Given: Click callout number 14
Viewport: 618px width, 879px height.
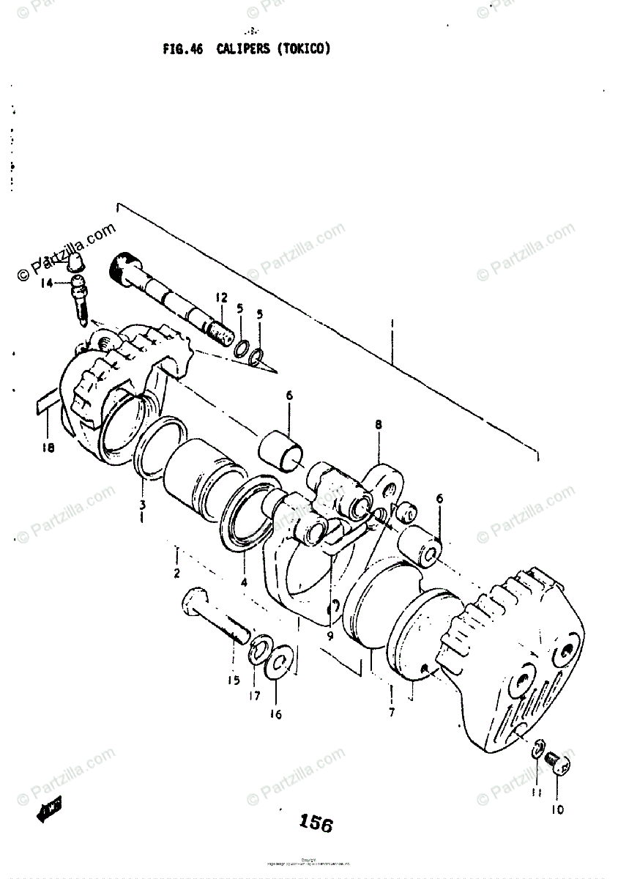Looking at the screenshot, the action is (47, 283).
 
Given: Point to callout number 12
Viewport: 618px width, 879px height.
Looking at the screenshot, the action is (221, 297).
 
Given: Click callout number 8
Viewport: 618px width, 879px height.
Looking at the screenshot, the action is (379, 424).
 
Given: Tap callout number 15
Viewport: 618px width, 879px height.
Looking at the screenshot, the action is (233, 680).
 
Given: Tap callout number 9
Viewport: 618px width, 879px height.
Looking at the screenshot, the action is (330, 636).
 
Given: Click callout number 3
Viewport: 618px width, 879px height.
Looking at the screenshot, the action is (142, 505).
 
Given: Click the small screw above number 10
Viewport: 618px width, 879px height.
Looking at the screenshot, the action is (559, 766).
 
